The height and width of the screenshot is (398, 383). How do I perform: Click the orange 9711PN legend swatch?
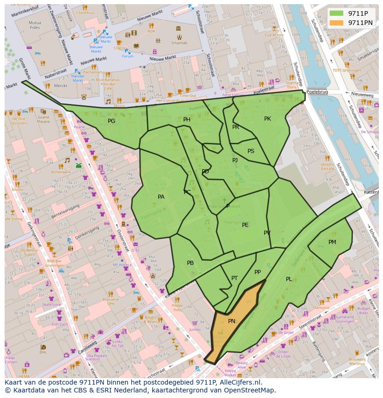[x=337, y=23]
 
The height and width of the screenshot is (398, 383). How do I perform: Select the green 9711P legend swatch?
[x=337, y=13]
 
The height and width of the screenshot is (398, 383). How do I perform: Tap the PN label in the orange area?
[x=232, y=321]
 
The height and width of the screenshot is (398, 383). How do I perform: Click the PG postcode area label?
[x=111, y=121]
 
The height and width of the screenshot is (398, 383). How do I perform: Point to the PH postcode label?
[x=187, y=120]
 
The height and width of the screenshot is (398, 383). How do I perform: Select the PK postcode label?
[x=267, y=119]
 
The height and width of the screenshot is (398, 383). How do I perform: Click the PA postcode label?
[x=161, y=197]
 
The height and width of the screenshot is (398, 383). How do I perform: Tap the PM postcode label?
[x=332, y=242]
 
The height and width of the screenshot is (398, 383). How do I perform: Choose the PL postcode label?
[x=289, y=279]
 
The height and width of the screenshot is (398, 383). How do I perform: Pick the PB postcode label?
[x=190, y=263]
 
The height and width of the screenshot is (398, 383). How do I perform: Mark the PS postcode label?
[x=251, y=151]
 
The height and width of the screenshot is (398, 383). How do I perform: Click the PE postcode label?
[x=245, y=225]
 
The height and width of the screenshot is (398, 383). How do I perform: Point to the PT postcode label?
[x=235, y=278]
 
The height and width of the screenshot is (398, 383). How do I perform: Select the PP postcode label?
[x=258, y=272]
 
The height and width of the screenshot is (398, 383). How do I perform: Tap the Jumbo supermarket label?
[x=195, y=330]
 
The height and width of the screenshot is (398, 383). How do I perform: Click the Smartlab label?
[x=179, y=43]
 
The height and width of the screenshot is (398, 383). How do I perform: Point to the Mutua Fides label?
[x=35, y=24]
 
